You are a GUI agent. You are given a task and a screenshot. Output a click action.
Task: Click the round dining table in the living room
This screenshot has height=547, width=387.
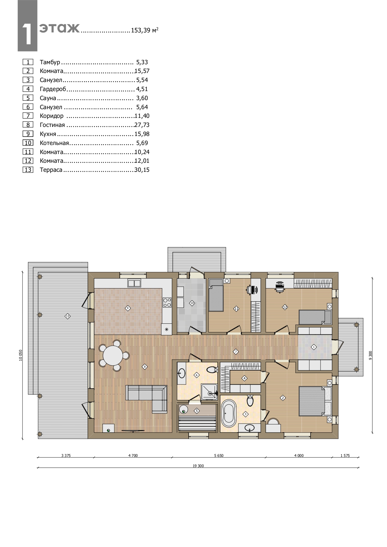[113, 356]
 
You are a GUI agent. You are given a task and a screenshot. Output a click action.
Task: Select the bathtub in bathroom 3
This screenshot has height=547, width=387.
[229, 414]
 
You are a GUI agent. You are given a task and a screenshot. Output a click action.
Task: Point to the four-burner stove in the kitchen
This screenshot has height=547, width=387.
[167, 303]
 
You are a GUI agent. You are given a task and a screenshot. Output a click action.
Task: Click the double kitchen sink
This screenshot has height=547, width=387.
[134, 283]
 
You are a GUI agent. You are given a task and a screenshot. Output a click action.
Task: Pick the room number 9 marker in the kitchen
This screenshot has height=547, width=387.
[128, 308]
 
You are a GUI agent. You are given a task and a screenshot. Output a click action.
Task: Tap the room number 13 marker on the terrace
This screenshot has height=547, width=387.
[68, 316]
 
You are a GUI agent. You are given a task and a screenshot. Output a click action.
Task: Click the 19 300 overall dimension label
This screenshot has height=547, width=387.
[198, 466]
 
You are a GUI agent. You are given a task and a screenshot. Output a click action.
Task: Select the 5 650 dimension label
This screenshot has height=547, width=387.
[219, 455]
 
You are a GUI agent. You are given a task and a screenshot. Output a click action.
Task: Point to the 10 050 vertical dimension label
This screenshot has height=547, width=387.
[21, 355]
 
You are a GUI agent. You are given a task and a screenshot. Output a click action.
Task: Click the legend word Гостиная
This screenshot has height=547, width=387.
[52, 125]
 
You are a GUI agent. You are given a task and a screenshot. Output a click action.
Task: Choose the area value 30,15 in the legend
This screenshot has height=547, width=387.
[142, 170]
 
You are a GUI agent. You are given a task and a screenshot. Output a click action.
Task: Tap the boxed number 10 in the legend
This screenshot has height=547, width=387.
[28, 143]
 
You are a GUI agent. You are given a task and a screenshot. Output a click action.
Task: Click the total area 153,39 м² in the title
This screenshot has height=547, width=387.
[145, 30]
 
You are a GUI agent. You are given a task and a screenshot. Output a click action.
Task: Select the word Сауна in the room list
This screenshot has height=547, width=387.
[48, 98]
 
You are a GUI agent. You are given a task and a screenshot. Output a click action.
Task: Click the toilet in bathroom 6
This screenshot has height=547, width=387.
[212, 370]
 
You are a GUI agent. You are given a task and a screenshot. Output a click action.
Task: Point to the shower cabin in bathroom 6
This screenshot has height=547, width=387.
[209, 392]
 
